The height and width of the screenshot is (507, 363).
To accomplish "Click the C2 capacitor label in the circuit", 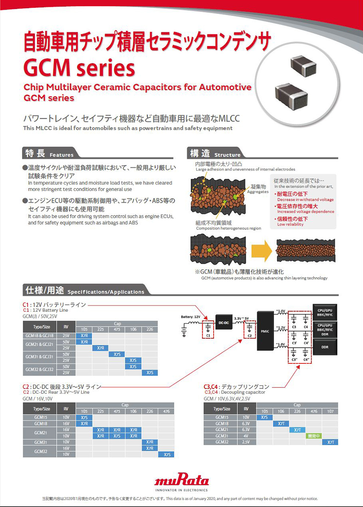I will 249,335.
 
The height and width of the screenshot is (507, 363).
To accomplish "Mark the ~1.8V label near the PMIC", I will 280,344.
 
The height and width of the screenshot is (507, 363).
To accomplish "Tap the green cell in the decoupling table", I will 313,435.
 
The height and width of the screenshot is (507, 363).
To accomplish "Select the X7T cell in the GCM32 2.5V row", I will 330,442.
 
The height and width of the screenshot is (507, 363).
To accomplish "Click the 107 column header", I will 330,411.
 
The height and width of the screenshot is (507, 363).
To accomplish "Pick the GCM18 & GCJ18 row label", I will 39,335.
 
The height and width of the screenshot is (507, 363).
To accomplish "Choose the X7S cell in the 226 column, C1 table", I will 150,373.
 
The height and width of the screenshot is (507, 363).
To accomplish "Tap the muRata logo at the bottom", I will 181,481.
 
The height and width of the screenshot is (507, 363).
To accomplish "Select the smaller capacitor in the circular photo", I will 302,64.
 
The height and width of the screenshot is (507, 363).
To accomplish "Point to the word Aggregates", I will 258,191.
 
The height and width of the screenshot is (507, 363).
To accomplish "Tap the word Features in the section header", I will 61,155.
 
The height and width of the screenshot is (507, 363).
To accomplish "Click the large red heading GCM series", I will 79,67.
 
